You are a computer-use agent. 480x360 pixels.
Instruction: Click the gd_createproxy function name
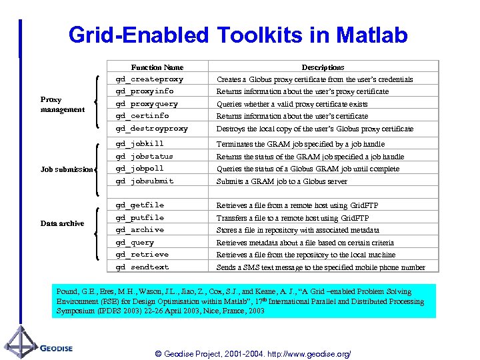pyautogui.click(x=149, y=79)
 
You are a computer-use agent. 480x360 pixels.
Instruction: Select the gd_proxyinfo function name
pyautogui.click(x=145, y=91)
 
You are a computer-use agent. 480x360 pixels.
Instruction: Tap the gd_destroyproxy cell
pyautogui.click(x=152, y=129)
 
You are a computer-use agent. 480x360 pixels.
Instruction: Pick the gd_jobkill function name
pyautogui.click(x=139, y=144)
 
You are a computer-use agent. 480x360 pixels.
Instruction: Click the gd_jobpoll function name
pyautogui.click(x=139, y=169)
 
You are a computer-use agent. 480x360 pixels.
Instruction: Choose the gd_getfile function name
pyautogui.click(x=139, y=205)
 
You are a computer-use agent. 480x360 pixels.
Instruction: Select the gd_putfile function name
pyautogui.click(x=139, y=218)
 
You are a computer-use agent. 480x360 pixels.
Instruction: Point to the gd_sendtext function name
pyautogui.click(x=142, y=267)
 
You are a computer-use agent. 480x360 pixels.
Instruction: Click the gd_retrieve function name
pyautogui.click(x=142, y=255)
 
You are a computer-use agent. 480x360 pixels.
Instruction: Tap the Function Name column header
pyautogui.click(x=157, y=67)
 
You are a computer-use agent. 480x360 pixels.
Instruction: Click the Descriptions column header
pyautogui.click(x=323, y=67)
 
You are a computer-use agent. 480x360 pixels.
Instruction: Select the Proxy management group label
pyautogui.click(x=62, y=105)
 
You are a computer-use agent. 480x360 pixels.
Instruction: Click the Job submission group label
pyautogui.click(x=66, y=169)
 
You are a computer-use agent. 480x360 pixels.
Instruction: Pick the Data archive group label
pyautogui.click(x=62, y=223)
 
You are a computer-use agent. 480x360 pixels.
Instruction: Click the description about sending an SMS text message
pyautogui.click(x=321, y=267)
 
